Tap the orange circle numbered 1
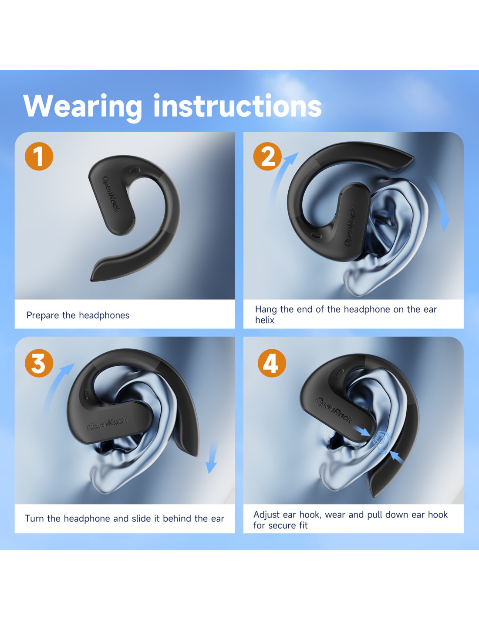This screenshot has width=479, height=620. click(39, 157)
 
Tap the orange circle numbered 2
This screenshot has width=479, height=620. click(267, 157)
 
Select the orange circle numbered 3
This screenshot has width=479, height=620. click(39, 363)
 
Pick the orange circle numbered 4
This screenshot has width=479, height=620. click(272, 363)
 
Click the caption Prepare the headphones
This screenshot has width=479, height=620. click(78, 316)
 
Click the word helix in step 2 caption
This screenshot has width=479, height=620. click(265, 320)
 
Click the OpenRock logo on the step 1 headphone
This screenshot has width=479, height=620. click(111, 194)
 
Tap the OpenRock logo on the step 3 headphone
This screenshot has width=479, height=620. click(108, 423)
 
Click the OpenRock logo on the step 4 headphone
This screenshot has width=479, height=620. click(334, 410)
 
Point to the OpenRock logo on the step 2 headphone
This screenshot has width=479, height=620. click(351, 227)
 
